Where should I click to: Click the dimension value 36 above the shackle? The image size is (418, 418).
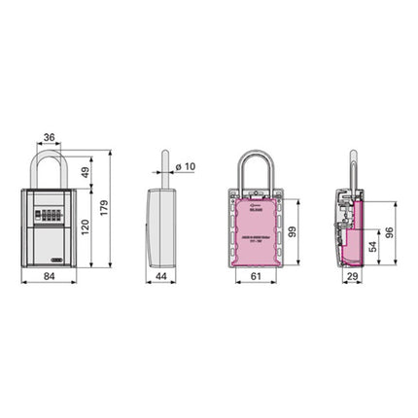click(49, 139)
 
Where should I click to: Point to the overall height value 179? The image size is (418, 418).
click(118, 208)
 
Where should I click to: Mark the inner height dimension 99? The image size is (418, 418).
click(293, 230)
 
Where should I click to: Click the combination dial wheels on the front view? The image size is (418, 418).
click(50, 209)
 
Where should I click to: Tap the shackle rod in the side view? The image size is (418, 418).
click(165, 165)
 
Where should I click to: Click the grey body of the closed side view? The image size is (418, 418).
click(161, 228)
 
